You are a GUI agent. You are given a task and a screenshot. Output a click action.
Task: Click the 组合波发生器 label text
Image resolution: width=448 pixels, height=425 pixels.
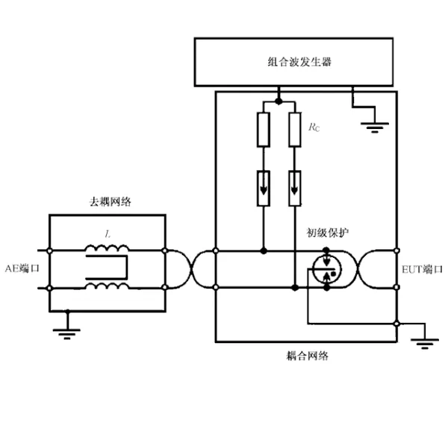(x=299, y=62)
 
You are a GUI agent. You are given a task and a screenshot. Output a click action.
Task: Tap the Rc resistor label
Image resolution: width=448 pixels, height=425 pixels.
(x=314, y=127)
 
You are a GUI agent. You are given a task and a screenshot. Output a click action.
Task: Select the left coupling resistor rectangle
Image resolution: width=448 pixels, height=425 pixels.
(x=264, y=130)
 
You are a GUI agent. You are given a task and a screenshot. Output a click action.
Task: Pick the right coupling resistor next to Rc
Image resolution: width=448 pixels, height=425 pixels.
(x=295, y=130)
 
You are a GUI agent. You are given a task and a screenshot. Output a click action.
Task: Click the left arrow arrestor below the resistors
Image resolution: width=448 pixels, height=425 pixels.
(x=264, y=188)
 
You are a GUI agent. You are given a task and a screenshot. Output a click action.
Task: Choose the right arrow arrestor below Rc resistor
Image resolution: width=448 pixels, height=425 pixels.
(x=295, y=188)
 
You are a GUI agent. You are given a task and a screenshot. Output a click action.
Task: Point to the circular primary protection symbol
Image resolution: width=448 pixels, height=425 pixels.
(x=326, y=269)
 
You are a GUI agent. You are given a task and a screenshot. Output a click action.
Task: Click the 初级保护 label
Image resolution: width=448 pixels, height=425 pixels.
(x=328, y=233)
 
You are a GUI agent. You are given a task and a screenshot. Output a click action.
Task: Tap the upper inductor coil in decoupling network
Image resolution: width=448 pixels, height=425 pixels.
(x=107, y=248)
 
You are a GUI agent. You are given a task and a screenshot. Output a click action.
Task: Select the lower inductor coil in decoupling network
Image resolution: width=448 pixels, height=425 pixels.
(x=107, y=286)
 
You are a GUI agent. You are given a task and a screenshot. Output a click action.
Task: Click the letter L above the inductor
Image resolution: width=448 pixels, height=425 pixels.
(x=108, y=234)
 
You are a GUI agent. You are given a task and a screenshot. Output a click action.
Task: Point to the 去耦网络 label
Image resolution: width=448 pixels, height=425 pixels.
(x=111, y=202)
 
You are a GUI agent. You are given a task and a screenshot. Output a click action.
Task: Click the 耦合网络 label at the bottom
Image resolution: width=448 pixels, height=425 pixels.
(x=308, y=356)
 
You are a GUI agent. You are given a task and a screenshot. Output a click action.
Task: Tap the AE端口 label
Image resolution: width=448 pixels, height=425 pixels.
(x=22, y=268)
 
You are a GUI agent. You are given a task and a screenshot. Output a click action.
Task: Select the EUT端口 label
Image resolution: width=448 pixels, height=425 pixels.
(x=422, y=269)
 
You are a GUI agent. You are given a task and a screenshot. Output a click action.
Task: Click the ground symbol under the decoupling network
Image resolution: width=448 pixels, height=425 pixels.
(x=67, y=334)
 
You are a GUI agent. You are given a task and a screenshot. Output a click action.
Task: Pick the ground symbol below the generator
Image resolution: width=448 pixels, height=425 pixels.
(x=375, y=127)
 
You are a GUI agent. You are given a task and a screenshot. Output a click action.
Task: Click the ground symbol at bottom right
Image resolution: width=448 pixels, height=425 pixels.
(x=425, y=344)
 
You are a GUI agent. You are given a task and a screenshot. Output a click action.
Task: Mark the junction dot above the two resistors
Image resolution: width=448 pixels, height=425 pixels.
(x=279, y=101)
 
